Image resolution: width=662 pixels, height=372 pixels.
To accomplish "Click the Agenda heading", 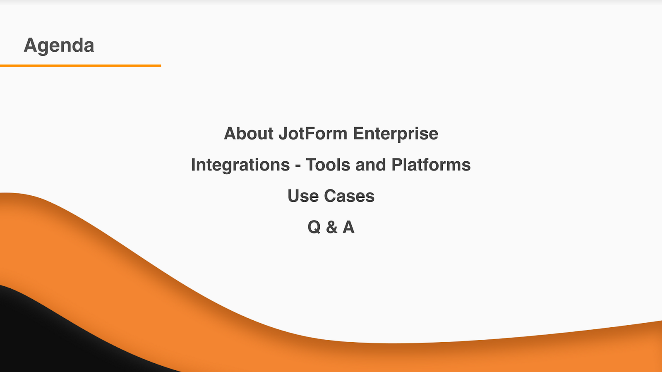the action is [x=59, y=46].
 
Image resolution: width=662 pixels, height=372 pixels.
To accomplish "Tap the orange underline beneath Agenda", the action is [x=80, y=66].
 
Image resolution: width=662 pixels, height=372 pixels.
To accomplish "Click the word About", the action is [x=249, y=133].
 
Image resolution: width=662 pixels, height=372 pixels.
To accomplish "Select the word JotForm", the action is [x=313, y=133].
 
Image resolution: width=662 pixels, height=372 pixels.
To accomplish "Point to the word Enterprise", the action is [x=396, y=134].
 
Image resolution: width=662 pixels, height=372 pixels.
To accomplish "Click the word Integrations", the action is [x=240, y=165].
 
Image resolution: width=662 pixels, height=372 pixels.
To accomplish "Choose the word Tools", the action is [x=328, y=165].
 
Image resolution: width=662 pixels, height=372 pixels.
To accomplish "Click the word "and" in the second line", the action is [x=371, y=165].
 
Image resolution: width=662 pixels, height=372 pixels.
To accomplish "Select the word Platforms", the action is [x=431, y=165].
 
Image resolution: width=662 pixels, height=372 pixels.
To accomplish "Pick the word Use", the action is [x=303, y=196].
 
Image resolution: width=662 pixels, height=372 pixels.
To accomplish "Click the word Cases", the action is [x=349, y=196].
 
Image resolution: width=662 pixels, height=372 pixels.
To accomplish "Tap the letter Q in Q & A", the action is [x=314, y=227].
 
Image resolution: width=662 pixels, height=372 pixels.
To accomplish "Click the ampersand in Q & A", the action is [x=331, y=227].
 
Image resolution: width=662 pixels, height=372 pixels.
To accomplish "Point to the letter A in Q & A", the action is [x=348, y=227].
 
